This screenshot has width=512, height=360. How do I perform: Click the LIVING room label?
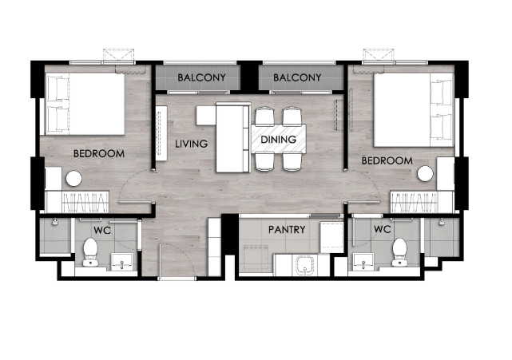(x=192, y=144)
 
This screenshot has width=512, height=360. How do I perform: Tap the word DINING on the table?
(x=279, y=140)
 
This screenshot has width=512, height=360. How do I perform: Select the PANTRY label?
(x=287, y=230)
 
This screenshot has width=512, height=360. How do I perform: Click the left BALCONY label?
(x=201, y=77)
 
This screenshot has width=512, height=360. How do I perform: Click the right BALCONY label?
(x=297, y=77)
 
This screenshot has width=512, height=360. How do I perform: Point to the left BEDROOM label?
(x=99, y=154)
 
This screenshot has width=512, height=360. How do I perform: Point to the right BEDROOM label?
(x=387, y=160)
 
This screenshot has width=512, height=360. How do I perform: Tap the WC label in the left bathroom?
(x=102, y=231)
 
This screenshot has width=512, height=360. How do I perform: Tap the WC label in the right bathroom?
(x=382, y=229)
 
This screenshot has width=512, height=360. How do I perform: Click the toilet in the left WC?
(x=90, y=252)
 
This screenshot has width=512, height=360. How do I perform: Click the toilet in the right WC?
(x=399, y=252)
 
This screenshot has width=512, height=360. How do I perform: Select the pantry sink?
(x=305, y=265)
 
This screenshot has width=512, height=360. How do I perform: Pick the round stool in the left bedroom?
(x=73, y=179)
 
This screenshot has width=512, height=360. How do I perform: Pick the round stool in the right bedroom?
(x=426, y=174)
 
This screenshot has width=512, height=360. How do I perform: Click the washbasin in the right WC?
(x=363, y=262)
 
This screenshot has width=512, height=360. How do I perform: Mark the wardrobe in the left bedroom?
(x=77, y=202)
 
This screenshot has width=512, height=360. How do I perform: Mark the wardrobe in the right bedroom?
(x=423, y=202)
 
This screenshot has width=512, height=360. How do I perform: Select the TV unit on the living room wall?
(x=161, y=133)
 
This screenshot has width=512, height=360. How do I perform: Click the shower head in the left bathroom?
(x=55, y=222)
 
